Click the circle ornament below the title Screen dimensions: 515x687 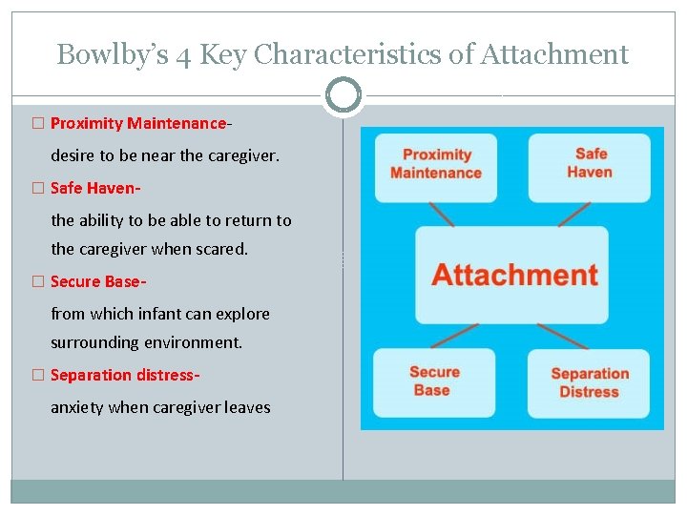343,95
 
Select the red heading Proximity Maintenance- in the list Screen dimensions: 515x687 141,124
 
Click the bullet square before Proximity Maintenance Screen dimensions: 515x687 37,124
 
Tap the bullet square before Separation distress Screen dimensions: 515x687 37,376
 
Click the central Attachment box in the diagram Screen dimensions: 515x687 511,275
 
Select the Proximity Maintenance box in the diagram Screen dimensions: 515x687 436,165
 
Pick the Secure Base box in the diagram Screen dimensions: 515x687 434,381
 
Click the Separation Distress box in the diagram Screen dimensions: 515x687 589,383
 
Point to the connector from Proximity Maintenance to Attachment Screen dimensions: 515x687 442,214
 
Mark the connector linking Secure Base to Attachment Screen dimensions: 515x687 454,336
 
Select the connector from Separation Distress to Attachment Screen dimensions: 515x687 563,336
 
